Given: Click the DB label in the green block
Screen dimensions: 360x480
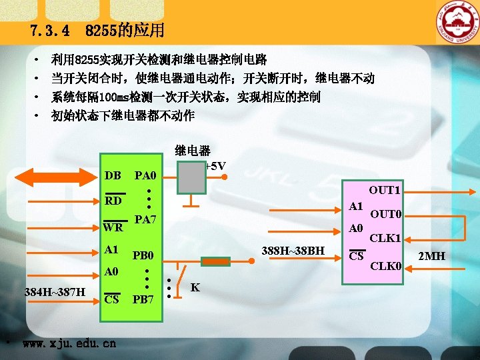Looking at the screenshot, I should pos(113,176).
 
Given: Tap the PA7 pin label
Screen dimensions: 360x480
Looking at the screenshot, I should pos(145,220).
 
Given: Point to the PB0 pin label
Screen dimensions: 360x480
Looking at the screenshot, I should pos(143,256).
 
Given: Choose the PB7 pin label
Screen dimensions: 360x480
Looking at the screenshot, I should pos(143,299).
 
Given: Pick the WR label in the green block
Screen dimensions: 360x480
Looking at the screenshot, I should pos(113,228).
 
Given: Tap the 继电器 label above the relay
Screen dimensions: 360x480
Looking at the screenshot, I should pos(193,151).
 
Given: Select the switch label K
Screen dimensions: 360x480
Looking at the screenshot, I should pos(195,288).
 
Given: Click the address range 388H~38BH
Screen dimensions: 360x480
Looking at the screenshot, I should pos(293,251).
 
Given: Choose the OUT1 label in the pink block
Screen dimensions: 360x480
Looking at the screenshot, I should pos(385,190).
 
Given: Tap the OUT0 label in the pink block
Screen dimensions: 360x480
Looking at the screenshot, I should pos(385,215).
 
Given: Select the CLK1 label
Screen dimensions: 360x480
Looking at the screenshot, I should pos(385,238).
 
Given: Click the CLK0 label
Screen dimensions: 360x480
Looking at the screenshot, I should pos(385,267).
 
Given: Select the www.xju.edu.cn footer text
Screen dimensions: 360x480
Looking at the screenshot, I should pos(69,344).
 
